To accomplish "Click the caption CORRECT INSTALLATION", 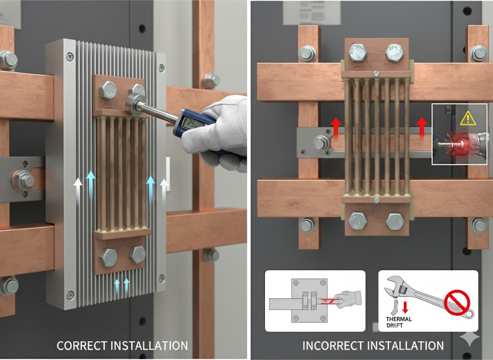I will pyautogui.click(x=122, y=346).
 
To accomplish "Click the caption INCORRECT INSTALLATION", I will pyautogui.click(x=373, y=346).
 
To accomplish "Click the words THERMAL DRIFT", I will pyautogui.click(x=399, y=322).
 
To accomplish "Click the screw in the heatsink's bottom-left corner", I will pyautogui.click(x=70, y=294).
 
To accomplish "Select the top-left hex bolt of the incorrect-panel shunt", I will pyautogui.click(x=358, y=52).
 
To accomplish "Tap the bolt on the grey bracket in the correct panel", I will pyautogui.click(x=23, y=180).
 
